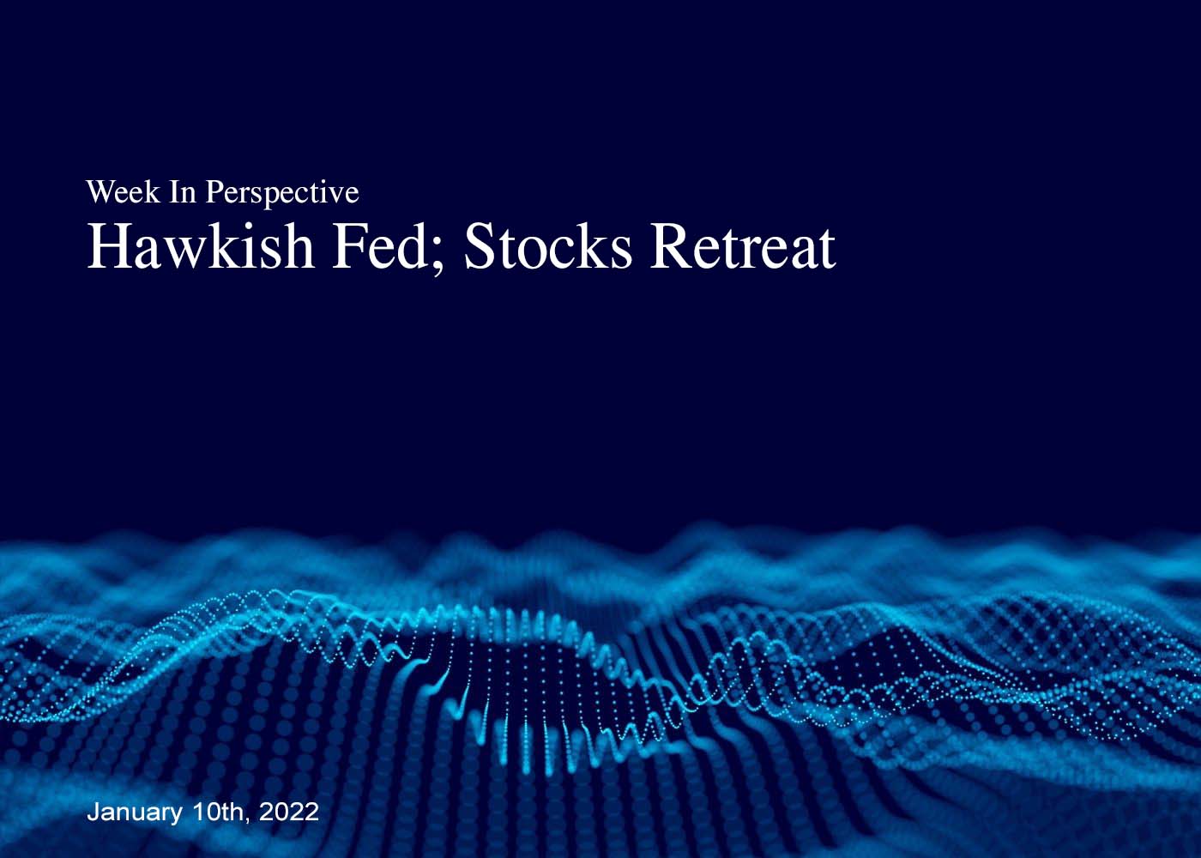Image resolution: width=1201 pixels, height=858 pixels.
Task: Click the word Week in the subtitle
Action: [123, 192]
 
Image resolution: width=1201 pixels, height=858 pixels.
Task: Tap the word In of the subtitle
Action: [183, 192]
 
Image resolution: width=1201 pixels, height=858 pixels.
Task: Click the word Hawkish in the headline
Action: [200, 247]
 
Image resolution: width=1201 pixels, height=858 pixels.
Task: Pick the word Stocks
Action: [548, 247]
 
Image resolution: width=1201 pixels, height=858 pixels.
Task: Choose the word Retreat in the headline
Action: [743, 247]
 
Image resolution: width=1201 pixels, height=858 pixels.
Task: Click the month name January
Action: [135, 813]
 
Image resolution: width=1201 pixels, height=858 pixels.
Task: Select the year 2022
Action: [289, 812]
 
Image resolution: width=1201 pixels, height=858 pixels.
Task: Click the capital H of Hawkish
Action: [106, 247]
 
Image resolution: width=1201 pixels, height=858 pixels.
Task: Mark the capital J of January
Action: [94, 812]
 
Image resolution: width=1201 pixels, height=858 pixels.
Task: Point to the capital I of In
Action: [175, 192]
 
